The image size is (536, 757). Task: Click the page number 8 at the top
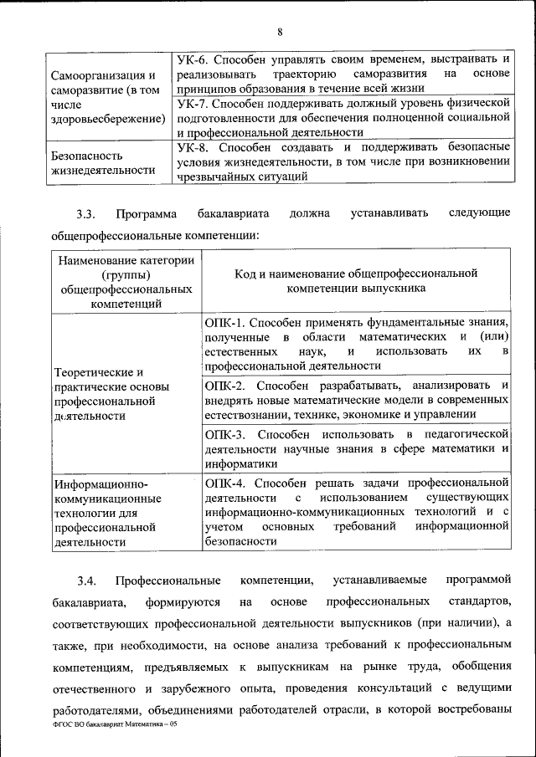[x=281, y=32]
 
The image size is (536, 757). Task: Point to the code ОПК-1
[x=224, y=322]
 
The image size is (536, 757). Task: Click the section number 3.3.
[x=87, y=213]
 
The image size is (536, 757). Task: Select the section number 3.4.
[x=87, y=580]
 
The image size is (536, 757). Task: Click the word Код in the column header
[x=245, y=273]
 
